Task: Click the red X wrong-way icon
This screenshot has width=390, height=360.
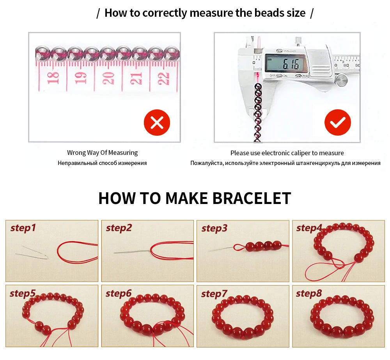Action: pos(157,122)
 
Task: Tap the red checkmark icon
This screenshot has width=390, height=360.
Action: pos(337,122)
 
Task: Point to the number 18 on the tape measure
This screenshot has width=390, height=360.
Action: pos(53,78)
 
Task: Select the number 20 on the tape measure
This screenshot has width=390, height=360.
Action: pos(108,78)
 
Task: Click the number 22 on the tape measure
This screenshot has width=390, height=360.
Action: pos(164,78)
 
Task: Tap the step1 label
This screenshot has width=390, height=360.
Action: pos(23,228)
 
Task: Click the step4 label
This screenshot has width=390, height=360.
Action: pos(309,228)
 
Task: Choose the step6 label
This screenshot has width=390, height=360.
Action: pos(119,294)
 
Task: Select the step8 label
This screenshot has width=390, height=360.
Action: pos(308,294)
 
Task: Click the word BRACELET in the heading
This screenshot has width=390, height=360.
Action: pos(252,198)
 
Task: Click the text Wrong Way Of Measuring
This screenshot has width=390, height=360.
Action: pos(102,153)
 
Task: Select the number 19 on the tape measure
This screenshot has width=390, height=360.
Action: pos(80,78)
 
